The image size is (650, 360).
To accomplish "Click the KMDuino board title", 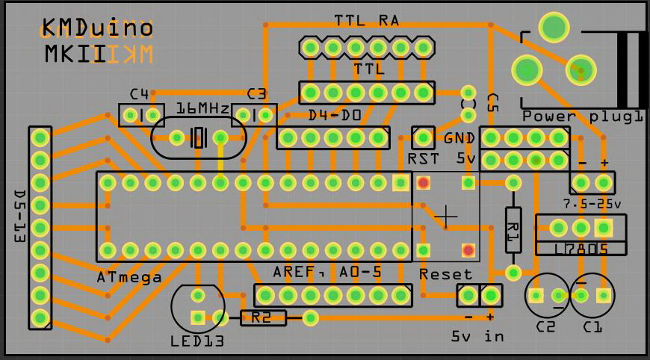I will point(98,29).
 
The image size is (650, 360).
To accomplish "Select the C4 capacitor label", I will point(140,94).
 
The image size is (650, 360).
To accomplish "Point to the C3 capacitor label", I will point(257,94).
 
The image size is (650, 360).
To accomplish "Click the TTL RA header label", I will point(367,21).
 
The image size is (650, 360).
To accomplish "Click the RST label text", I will point(423,159).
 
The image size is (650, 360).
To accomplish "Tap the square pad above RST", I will point(424,137).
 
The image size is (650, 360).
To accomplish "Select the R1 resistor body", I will point(513,229).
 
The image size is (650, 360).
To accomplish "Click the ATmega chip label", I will point(129,278).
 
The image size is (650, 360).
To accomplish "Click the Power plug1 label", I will point(583,117).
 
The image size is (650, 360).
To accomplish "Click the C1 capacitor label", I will point(592,327).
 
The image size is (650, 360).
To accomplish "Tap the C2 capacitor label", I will point(546,327).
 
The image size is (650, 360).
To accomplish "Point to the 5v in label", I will point(477,336).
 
